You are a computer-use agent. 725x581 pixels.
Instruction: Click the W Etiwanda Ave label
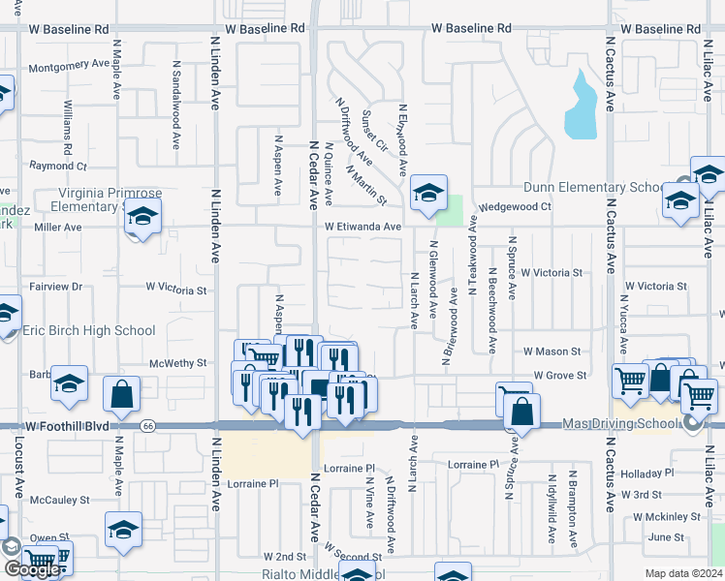(362, 227)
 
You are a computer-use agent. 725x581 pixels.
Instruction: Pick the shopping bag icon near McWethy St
(123, 395)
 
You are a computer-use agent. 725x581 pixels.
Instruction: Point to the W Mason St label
(552, 352)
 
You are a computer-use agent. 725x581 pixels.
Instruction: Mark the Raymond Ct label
(58, 166)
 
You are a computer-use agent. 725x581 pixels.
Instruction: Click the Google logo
(31, 569)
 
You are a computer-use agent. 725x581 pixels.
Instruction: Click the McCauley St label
(59, 501)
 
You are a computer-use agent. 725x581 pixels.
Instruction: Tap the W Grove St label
(559, 375)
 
